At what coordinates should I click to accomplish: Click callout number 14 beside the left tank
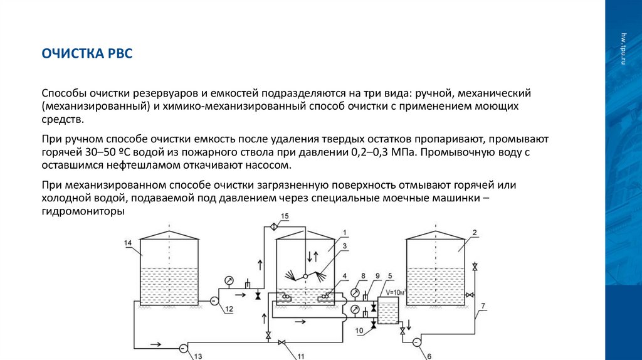pos(129,243)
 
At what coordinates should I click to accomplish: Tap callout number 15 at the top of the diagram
pos(285,216)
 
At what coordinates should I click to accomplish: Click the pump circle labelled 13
pos(183,347)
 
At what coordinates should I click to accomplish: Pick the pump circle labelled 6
pos(416,342)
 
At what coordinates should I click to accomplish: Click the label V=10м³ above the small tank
pos(396,293)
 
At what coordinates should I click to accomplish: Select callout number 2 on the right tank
pos(475,233)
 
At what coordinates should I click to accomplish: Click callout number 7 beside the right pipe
pos(483,307)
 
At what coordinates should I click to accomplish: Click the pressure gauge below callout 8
pos(355,293)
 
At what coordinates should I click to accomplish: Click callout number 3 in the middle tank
pos(344,245)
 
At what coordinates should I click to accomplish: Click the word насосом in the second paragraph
pos(271,166)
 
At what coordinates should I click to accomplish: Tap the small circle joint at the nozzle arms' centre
pos(304,275)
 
